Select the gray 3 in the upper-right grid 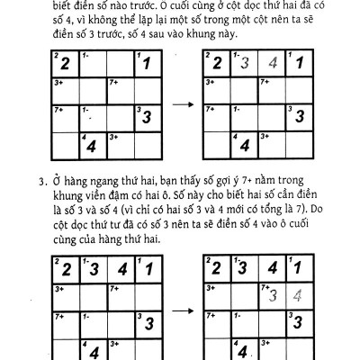[245, 65]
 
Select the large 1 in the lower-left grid [145, 269]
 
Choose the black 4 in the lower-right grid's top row [273, 269]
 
